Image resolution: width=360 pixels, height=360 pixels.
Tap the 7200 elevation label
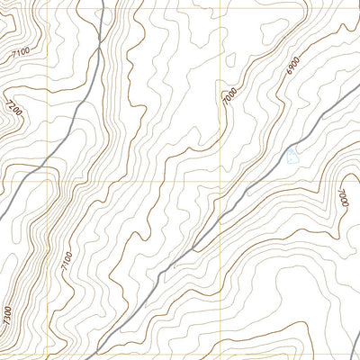[13, 109]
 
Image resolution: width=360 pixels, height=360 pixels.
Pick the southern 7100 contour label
[65, 262]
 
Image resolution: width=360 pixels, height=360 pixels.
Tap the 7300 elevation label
[7, 316]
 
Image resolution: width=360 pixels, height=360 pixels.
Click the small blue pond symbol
[291, 157]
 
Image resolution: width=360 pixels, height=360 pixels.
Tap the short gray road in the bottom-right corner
[346, 346]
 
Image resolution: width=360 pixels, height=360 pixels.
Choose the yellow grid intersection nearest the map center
[220, 179]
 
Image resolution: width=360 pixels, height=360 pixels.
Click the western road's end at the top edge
[102, 2]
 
